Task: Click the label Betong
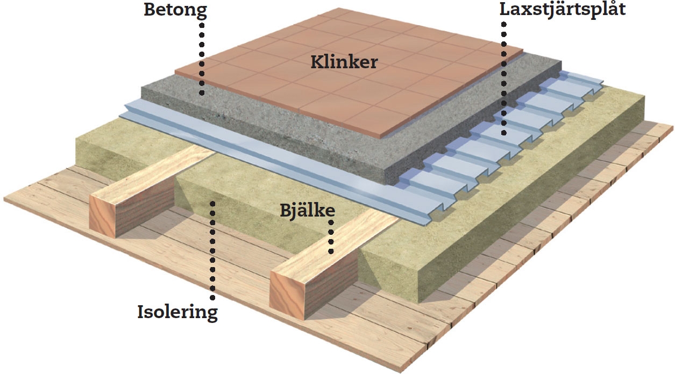(175, 10)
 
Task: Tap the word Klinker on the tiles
(344, 63)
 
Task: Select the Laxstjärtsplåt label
(563, 9)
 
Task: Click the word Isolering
(177, 312)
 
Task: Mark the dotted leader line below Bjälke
(331, 236)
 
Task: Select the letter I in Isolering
(141, 312)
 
